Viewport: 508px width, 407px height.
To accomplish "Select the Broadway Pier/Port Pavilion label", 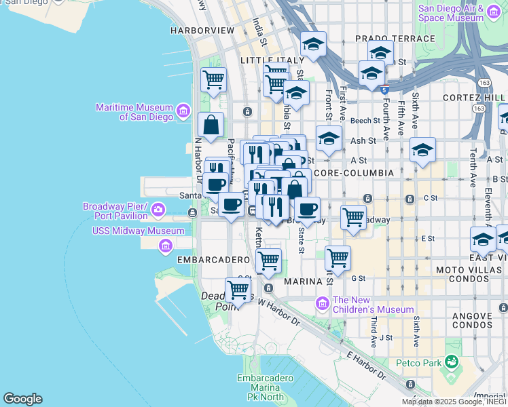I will (x=115, y=211).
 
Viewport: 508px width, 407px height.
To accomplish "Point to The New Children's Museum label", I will (x=374, y=305).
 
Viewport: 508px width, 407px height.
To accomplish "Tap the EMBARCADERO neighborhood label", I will (x=214, y=260).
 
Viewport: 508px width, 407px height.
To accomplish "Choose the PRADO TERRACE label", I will (x=395, y=39).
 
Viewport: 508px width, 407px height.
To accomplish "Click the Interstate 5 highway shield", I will (x=384, y=89).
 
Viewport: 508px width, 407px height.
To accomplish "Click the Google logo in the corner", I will (x=22, y=399).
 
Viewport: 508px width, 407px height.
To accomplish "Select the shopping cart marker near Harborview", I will (x=213, y=80).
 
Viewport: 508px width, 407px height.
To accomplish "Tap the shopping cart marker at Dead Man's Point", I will (x=238, y=290).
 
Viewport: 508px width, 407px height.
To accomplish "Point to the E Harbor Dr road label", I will (x=367, y=366).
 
